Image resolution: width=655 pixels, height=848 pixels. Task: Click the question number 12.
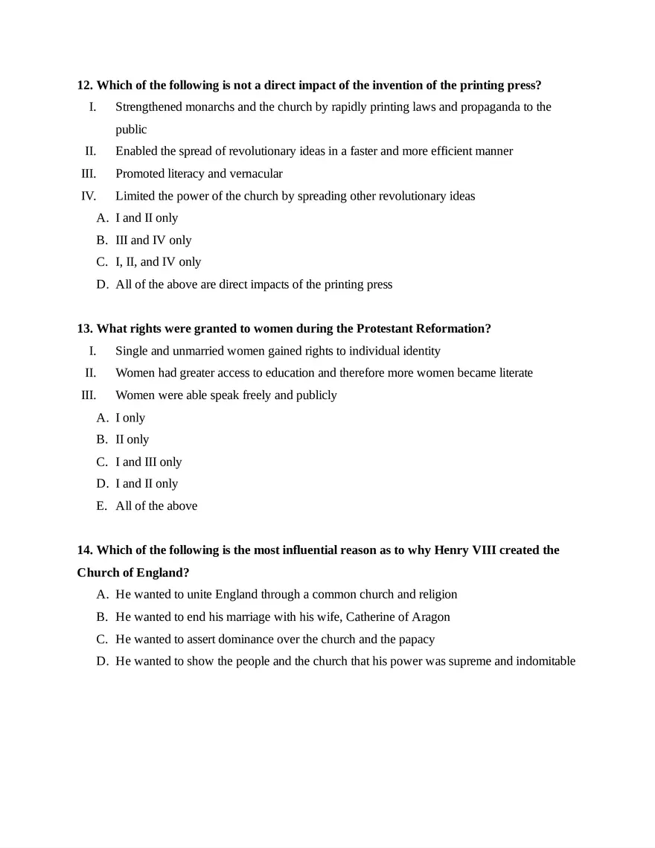point(86,85)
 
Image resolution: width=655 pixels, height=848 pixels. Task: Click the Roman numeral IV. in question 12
point(89,196)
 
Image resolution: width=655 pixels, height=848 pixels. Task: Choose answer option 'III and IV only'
point(153,240)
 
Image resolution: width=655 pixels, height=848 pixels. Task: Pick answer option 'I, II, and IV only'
point(158,262)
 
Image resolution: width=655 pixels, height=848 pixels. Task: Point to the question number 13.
point(86,328)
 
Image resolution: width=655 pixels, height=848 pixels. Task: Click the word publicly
point(315,395)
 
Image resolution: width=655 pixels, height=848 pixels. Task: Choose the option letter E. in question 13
point(102,506)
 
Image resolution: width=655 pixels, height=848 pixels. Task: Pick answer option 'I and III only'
point(148,462)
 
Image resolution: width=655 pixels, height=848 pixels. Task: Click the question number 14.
point(86,550)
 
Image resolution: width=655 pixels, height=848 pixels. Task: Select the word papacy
point(417,640)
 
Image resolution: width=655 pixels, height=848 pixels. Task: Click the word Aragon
point(431,617)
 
